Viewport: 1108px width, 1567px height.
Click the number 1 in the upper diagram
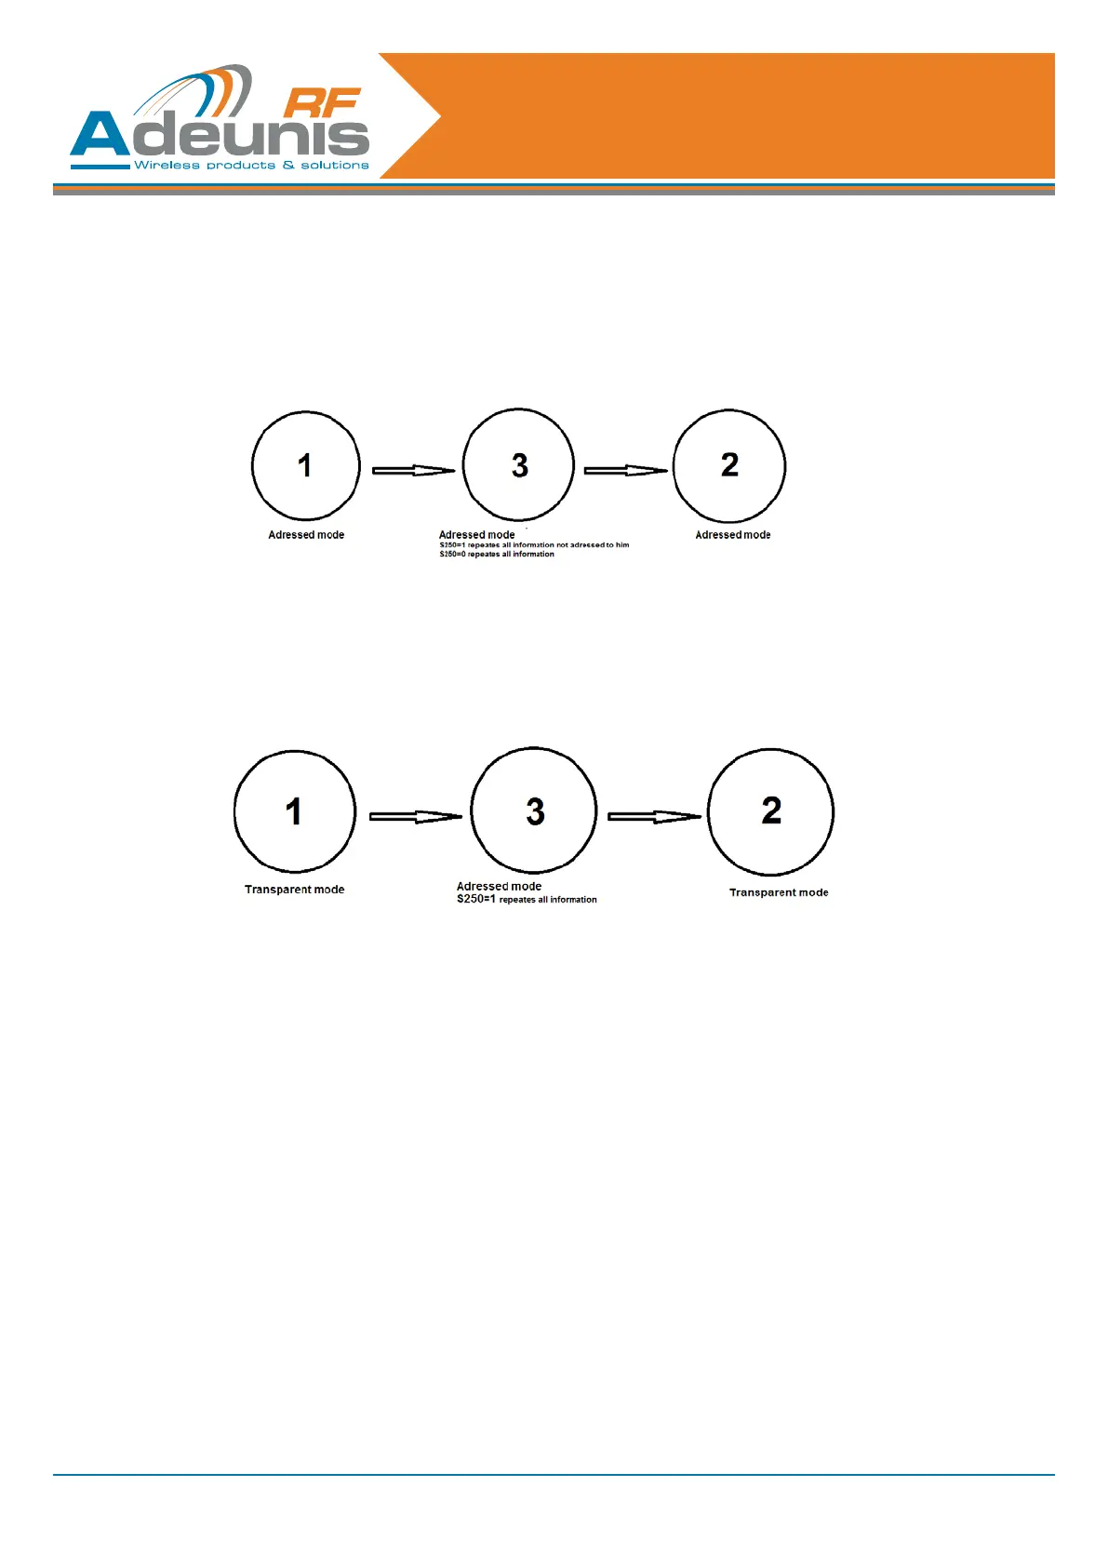(304, 465)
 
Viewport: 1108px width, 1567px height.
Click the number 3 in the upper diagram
(520, 465)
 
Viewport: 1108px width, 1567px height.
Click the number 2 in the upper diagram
(730, 464)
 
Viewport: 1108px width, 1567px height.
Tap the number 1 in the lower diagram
(294, 811)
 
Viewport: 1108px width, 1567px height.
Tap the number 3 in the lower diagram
(535, 811)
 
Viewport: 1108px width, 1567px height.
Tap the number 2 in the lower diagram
(771, 810)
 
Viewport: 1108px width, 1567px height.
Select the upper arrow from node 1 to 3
(413, 471)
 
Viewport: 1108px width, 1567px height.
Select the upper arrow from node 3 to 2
(625, 471)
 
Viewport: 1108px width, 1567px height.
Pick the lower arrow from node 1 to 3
(415, 817)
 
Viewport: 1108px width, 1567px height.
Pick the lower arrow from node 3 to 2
(654, 817)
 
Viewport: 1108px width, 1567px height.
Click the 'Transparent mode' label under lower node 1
(294, 890)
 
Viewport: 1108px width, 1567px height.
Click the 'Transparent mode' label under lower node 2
(779, 892)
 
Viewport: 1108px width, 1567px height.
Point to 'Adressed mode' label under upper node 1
(306, 535)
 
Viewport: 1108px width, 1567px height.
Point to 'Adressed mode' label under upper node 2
(733, 535)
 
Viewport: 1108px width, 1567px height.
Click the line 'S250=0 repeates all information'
(497, 555)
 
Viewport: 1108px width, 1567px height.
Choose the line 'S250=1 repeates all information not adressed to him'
(534, 545)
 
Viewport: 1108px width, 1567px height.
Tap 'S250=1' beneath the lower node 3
(476, 900)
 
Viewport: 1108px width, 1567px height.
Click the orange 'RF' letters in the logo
(321, 103)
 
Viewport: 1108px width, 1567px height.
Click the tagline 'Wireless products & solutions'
(251, 166)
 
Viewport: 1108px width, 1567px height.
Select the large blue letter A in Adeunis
(100, 136)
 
